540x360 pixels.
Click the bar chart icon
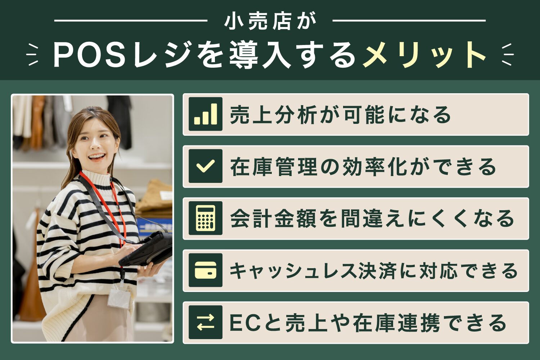click(206, 114)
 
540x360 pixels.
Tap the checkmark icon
click(206, 166)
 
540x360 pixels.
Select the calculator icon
click(206, 218)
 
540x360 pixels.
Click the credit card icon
click(206, 270)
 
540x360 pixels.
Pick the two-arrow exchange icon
click(206, 322)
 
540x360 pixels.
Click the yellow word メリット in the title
click(425, 55)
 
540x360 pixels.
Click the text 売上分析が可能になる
click(340, 115)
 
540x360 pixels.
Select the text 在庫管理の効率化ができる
click(363, 167)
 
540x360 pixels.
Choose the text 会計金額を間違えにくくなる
click(372, 219)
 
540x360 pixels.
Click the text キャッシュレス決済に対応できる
click(373, 271)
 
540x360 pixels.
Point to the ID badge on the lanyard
click(119, 297)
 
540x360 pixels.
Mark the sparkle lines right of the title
click(507, 55)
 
